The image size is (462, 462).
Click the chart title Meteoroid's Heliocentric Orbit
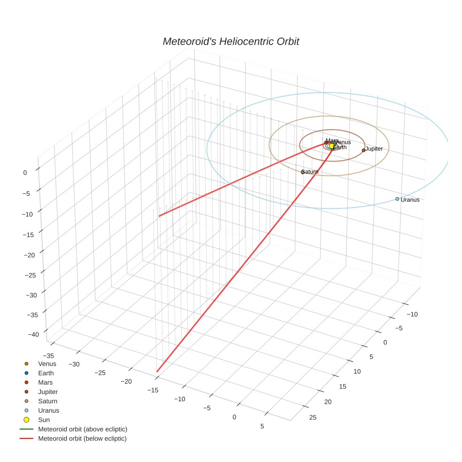pyautogui.click(x=231, y=42)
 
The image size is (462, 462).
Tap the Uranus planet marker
pyautogui.click(x=397, y=199)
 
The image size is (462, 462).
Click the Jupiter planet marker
pyautogui.click(x=363, y=150)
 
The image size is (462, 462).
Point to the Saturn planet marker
pyautogui.click(x=303, y=172)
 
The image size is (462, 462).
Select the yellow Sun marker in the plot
pyautogui.click(x=331, y=146)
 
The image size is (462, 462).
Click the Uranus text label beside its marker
pyautogui.click(x=410, y=200)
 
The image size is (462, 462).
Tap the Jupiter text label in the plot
pyautogui.click(x=374, y=149)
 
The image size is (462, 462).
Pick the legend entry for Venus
pyautogui.click(x=47, y=364)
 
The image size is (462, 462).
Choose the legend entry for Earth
pyautogui.click(x=46, y=373)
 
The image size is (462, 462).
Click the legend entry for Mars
pyautogui.click(x=45, y=383)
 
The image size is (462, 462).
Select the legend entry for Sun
pyautogui.click(x=44, y=420)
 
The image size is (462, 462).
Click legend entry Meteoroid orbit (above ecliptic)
pyautogui.click(x=83, y=429)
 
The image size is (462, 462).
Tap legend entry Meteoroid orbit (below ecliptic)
pyautogui.click(x=82, y=439)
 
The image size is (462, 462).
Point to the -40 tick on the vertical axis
pyautogui.click(x=34, y=334)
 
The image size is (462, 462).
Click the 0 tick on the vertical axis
pyautogui.click(x=25, y=173)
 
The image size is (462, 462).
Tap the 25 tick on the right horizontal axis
pyautogui.click(x=313, y=418)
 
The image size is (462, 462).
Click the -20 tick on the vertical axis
pyautogui.click(x=31, y=255)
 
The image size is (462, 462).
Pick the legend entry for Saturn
pyautogui.click(x=47, y=401)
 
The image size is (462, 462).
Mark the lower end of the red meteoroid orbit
pyautogui.click(x=157, y=372)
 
